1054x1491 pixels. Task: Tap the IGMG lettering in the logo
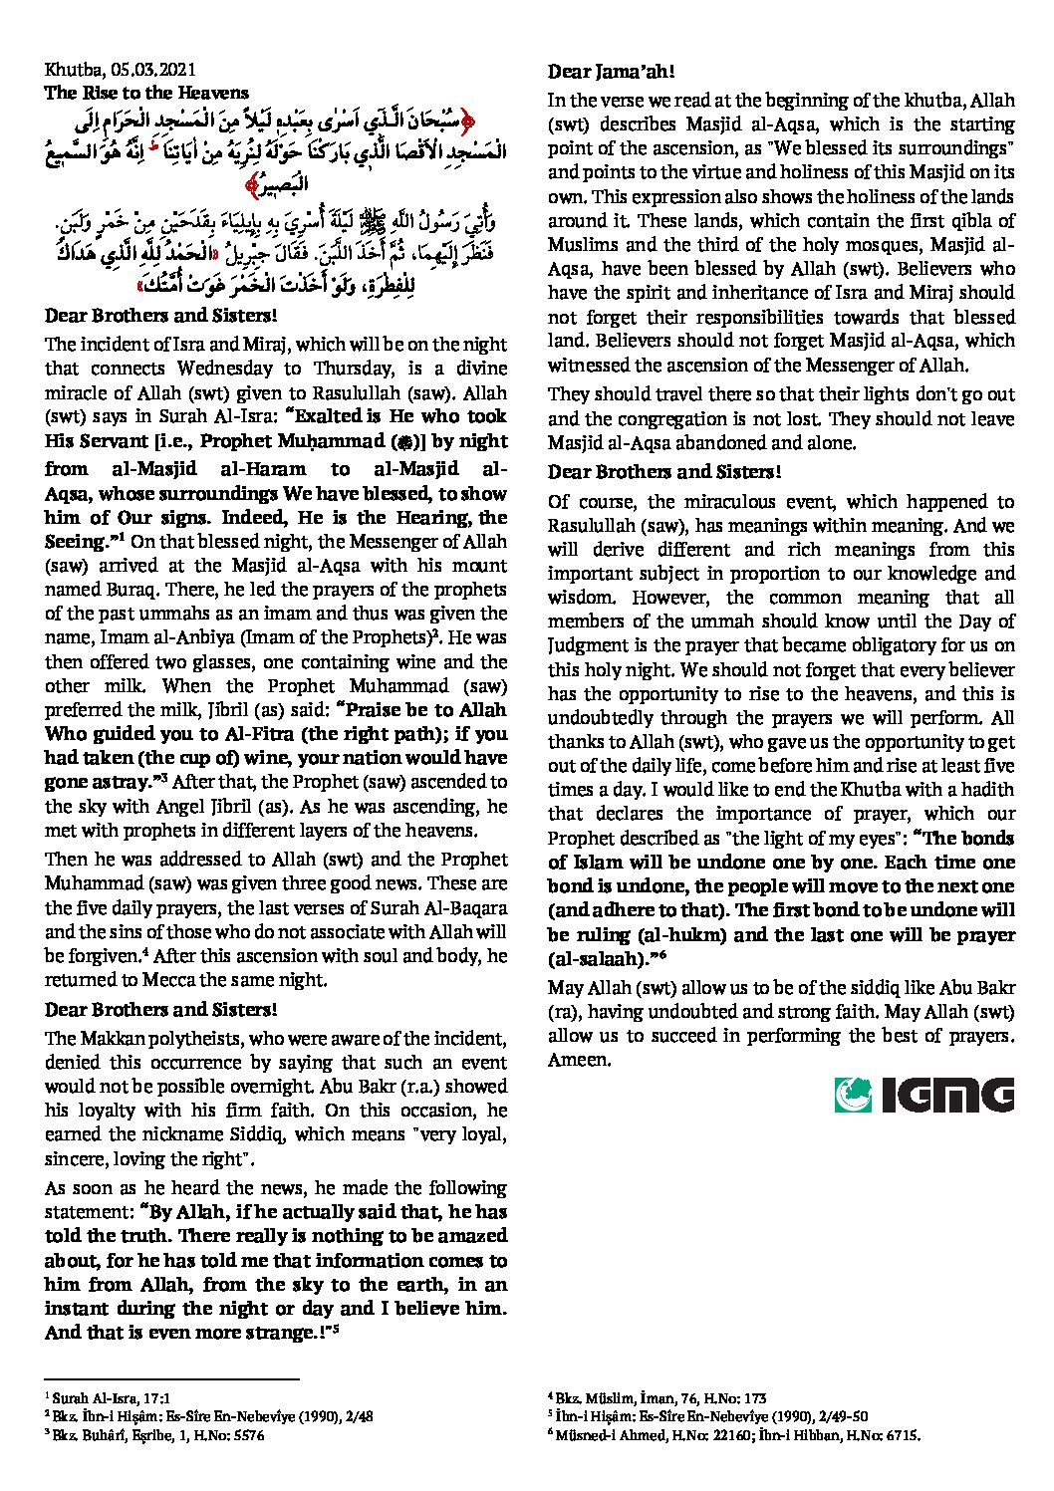[x=947, y=1096]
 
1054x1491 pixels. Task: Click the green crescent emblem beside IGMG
[x=854, y=1095]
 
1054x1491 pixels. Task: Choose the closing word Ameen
[x=579, y=1060]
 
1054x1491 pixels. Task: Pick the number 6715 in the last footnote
[x=901, y=1436]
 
